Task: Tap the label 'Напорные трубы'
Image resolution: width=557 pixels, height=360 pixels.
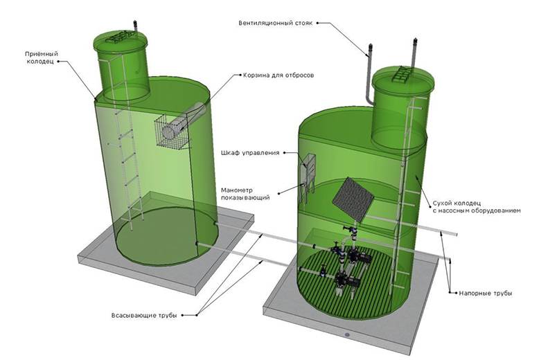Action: (x=486, y=294)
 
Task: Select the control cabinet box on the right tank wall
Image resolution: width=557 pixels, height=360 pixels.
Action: (x=308, y=166)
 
